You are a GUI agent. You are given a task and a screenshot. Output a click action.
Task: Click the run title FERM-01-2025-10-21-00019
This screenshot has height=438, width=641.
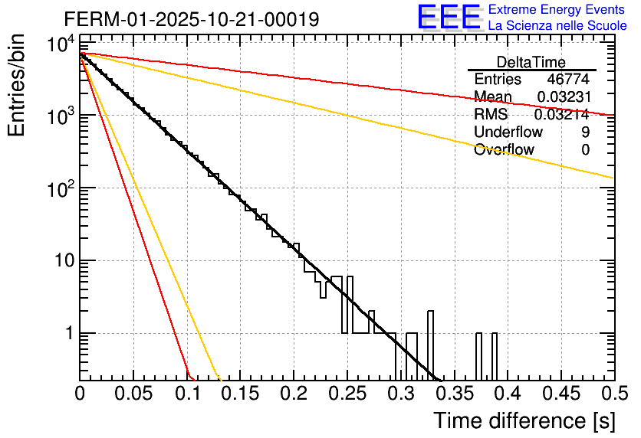tap(192, 18)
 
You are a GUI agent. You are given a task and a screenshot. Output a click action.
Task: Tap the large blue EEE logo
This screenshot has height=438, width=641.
tap(449, 18)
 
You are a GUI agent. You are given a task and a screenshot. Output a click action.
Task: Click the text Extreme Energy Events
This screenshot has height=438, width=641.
tap(557, 10)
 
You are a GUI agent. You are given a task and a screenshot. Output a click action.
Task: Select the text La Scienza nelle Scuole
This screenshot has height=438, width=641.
tap(557, 25)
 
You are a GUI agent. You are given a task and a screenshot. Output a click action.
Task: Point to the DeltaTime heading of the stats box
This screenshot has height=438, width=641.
tap(531, 62)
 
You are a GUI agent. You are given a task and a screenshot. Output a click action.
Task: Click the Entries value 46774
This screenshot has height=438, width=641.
tap(568, 80)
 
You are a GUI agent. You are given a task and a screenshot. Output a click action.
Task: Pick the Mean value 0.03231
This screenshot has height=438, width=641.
tap(563, 97)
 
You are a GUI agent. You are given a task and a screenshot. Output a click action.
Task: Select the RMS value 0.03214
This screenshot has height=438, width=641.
tap(563, 115)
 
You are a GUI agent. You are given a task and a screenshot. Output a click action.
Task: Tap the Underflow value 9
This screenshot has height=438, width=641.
tap(585, 132)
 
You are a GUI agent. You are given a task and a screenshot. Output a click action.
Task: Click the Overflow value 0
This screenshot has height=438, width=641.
tap(585, 150)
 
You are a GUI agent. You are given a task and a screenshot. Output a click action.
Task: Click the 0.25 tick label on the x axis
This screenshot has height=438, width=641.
tap(347, 394)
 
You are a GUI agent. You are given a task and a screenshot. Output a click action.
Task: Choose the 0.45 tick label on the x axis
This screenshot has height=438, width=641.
tap(560, 394)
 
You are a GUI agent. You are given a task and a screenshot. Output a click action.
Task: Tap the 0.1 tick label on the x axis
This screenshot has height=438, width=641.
tap(187, 394)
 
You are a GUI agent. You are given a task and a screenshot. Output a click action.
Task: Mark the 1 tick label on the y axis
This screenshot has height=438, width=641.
tap(67, 334)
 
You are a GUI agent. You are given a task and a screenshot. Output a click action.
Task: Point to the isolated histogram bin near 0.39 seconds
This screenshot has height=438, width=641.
tap(495, 356)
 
